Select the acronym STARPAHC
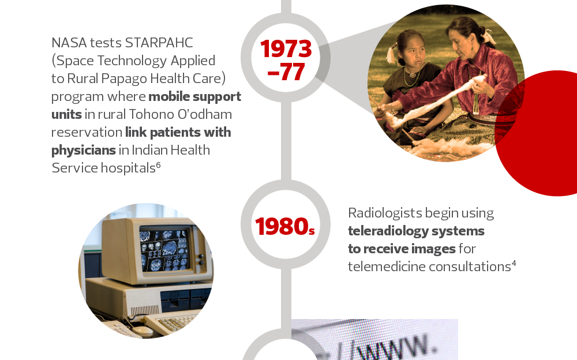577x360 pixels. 159,43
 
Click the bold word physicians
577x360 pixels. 84,151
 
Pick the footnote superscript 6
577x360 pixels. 158,165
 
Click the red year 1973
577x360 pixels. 286,49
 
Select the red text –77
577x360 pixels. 286,72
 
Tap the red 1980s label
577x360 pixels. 285,226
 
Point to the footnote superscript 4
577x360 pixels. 514,264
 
